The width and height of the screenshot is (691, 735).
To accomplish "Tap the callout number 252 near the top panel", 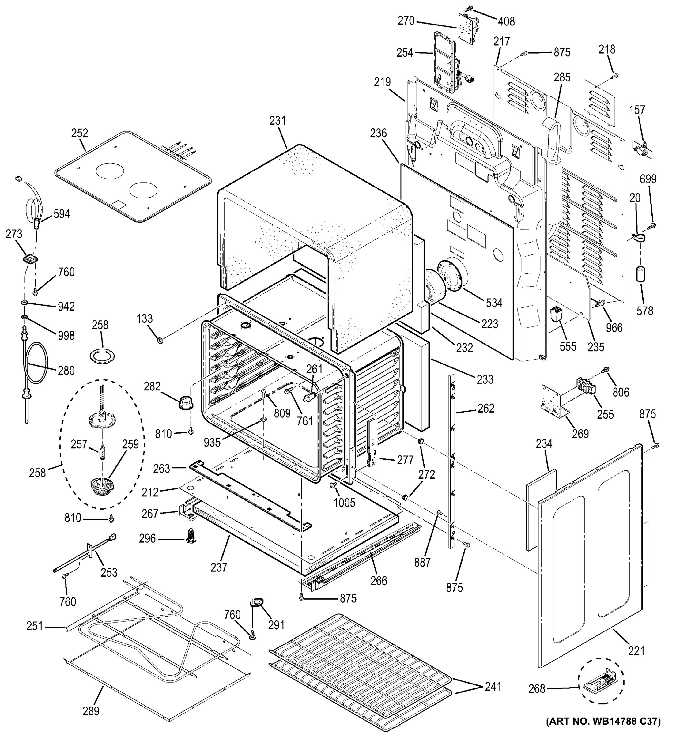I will click(x=80, y=133).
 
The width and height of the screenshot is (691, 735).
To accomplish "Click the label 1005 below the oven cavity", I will click(x=344, y=503).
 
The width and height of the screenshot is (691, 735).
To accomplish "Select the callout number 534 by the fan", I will click(x=494, y=303).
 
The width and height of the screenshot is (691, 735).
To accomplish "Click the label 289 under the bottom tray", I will click(x=91, y=711).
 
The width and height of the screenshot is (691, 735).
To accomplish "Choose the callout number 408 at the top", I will click(x=506, y=21).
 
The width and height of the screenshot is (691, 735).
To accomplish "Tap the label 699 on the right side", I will click(x=648, y=179).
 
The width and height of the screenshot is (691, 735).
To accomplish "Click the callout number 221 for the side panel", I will click(x=636, y=651).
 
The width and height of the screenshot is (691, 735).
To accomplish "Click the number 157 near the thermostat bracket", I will click(x=637, y=110).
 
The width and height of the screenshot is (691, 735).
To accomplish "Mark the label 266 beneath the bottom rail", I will click(x=379, y=581).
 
